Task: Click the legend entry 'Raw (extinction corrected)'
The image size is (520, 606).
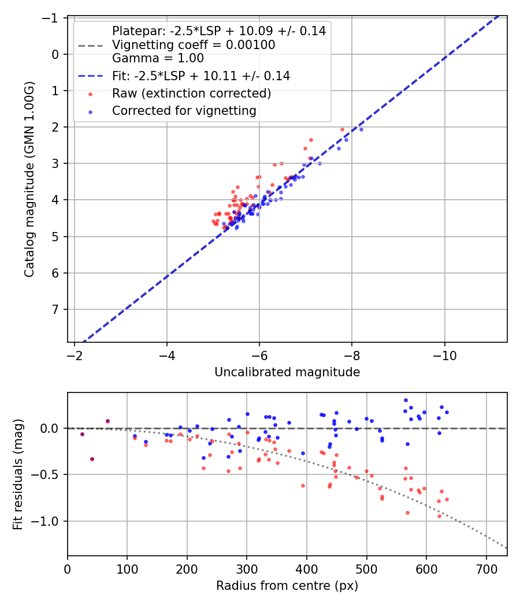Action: (191, 93)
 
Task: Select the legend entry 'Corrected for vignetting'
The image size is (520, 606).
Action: (184, 110)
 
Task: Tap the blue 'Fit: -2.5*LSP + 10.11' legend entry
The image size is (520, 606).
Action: (200, 76)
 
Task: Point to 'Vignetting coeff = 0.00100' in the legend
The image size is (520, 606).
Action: (193, 44)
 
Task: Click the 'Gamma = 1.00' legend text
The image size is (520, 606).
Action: (158, 58)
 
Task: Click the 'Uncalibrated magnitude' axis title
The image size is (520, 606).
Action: (287, 372)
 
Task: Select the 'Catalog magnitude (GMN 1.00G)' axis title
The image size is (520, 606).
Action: (29, 179)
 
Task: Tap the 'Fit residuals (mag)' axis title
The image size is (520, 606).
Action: (18, 474)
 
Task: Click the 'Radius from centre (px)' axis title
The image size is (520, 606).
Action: (287, 586)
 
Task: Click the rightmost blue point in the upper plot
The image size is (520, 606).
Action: (361, 129)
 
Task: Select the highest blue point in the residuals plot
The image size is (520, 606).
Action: (406, 400)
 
